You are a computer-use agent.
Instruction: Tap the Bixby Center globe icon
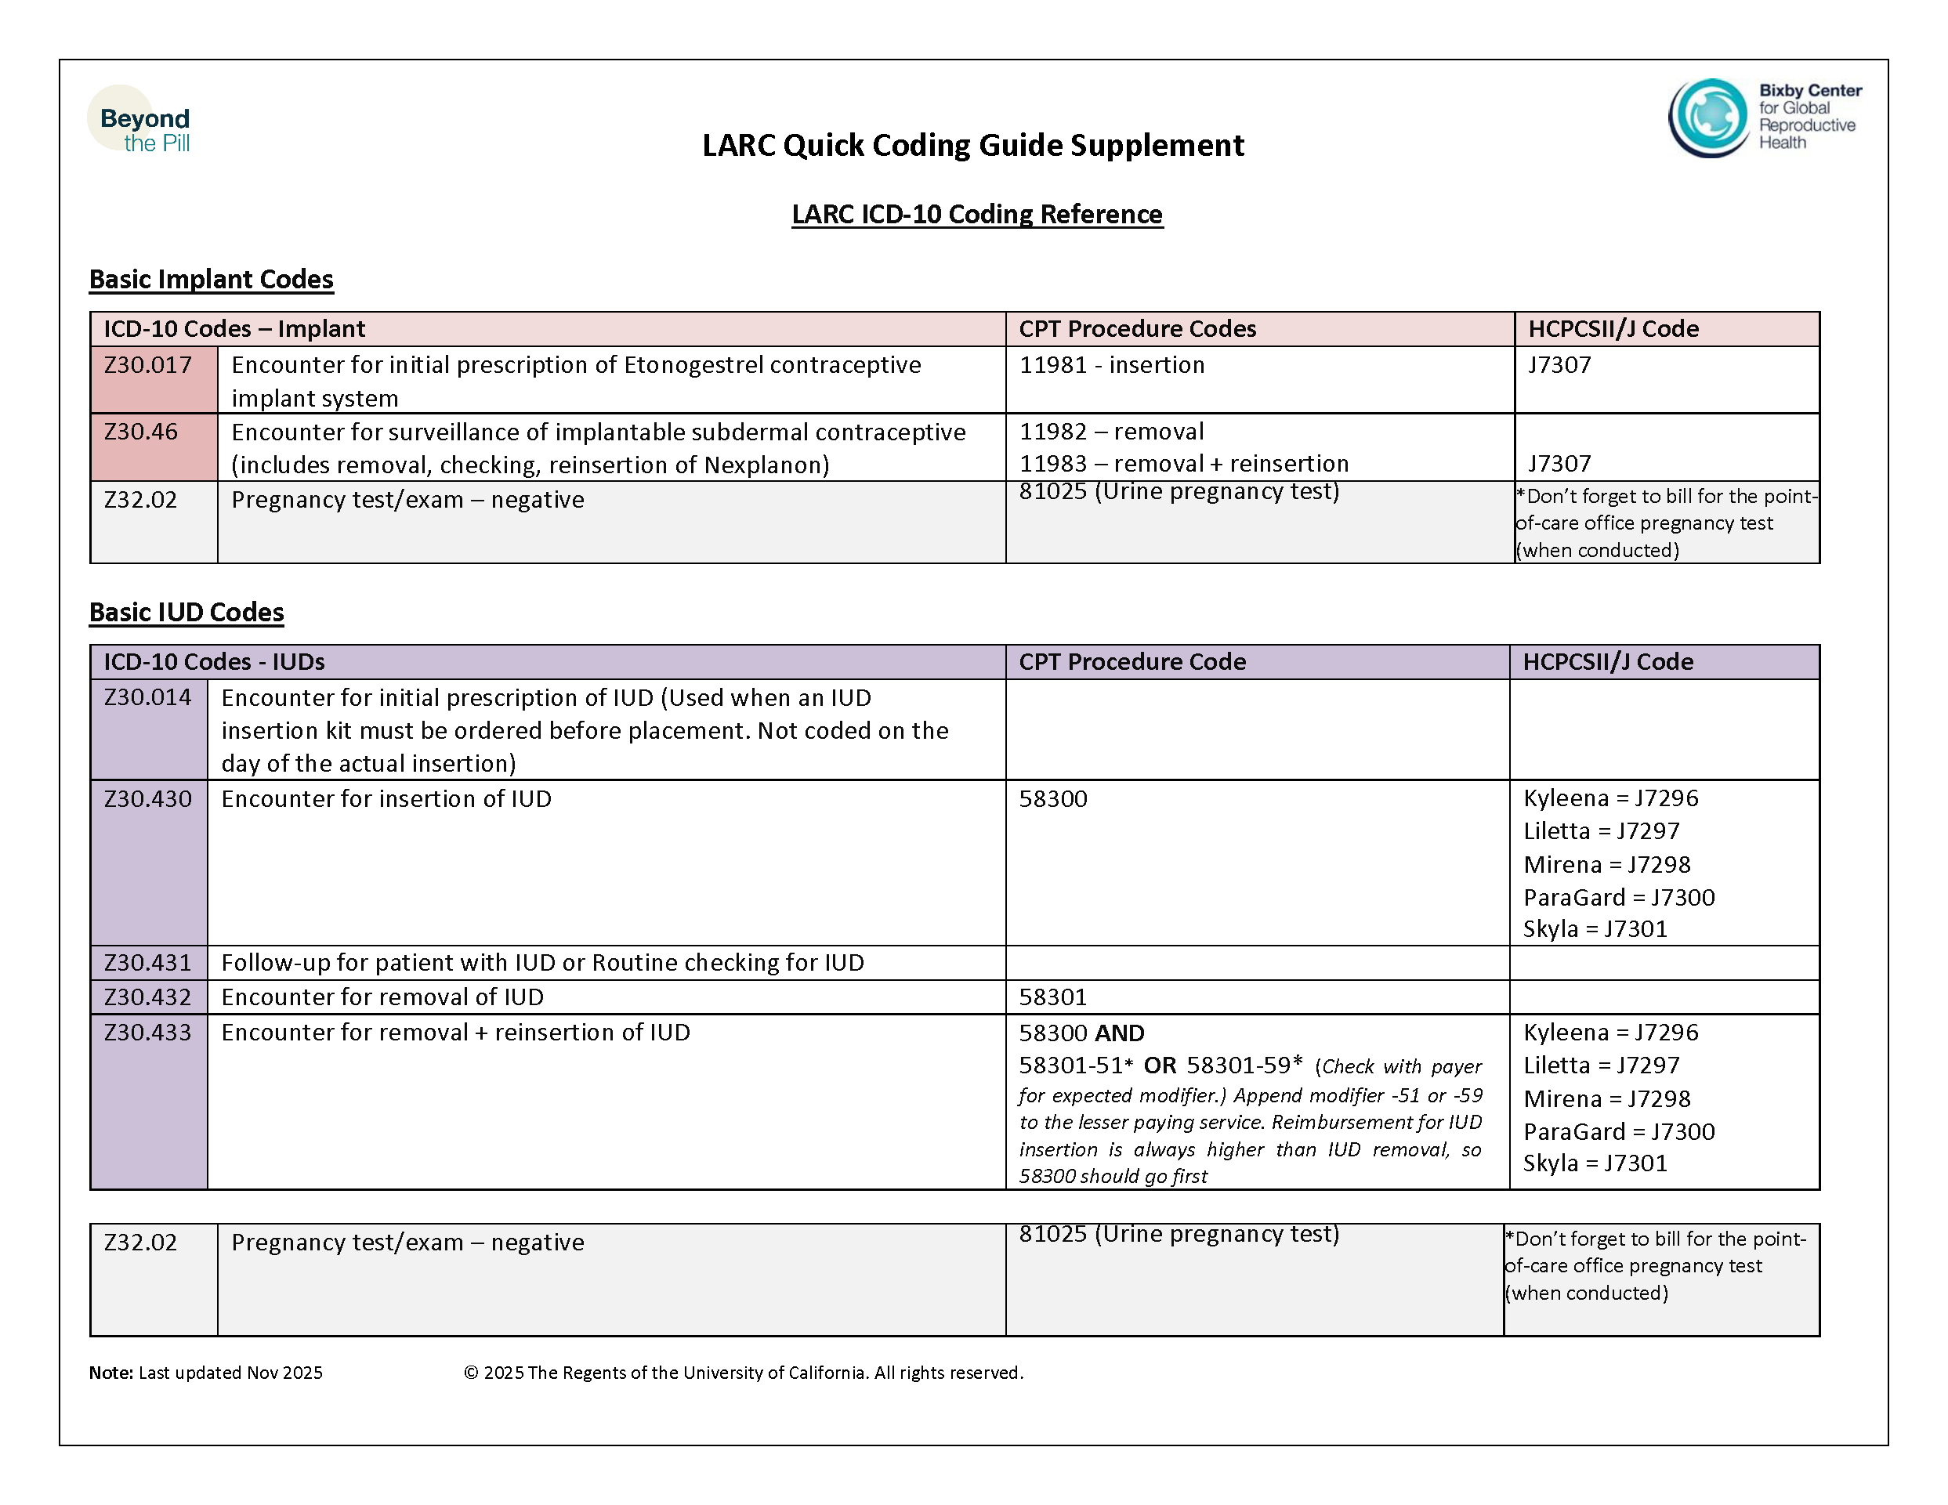coord(1708,118)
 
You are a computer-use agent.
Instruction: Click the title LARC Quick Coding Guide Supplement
coord(972,145)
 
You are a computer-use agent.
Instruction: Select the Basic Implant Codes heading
coord(212,279)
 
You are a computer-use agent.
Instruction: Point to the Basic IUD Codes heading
coord(186,613)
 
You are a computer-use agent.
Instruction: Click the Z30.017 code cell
coord(148,366)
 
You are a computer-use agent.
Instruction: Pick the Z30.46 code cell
coord(141,432)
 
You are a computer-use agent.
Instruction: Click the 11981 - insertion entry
coord(1111,366)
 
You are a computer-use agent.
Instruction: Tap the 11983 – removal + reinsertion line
coord(1183,464)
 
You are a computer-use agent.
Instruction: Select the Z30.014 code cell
coord(148,697)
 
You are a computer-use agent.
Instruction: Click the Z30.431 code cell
coord(148,963)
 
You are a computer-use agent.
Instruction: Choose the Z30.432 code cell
coord(148,997)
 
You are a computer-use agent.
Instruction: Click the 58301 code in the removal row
coord(1052,997)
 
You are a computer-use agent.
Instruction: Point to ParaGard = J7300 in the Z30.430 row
coord(1618,897)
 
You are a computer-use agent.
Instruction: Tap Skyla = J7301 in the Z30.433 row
coord(1595,1163)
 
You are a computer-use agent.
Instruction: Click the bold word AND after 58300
coord(1120,1033)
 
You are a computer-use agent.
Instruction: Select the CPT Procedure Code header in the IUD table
coord(1132,661)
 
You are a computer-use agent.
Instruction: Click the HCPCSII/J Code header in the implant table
coord(1613,329)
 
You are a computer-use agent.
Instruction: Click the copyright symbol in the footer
coord(471,1373)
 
